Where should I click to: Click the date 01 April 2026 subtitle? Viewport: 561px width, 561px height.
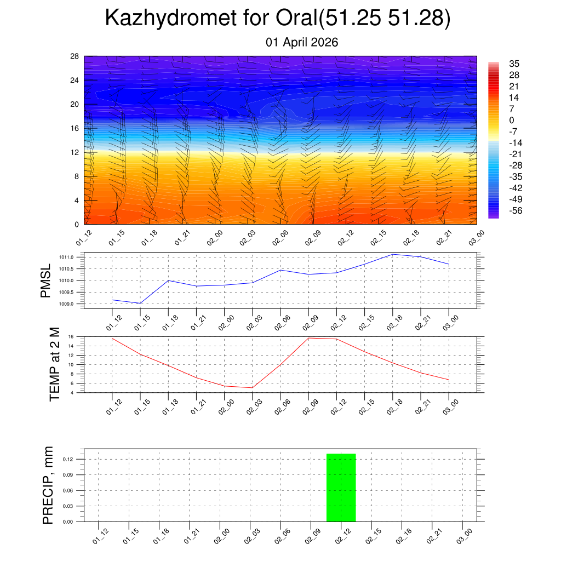pos(302,42)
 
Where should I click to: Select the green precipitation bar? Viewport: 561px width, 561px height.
pos(341,488)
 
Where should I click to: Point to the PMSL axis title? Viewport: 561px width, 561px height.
pos(45,280)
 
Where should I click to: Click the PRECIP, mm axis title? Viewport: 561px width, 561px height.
pos(48,484)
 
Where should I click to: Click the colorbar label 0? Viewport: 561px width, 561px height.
pos(511,120)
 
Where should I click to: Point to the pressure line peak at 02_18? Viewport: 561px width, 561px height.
pos(392,254)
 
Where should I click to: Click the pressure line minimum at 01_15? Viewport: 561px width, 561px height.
pos(140,303)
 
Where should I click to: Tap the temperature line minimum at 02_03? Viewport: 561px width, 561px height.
pos(252,388)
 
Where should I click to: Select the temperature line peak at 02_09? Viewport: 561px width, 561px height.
pos(308,338)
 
